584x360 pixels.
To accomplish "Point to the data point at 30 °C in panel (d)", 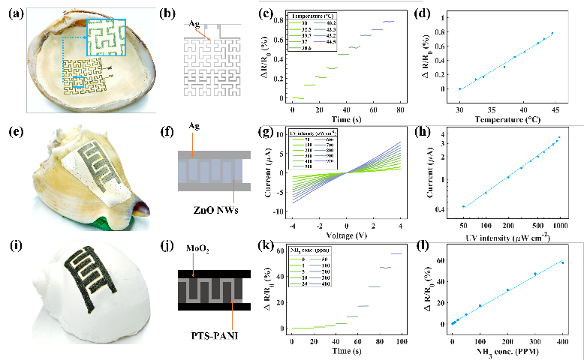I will coord(459,88).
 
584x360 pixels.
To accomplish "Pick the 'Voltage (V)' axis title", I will coord(346,234).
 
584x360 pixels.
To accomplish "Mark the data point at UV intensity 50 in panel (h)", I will coord(463,206).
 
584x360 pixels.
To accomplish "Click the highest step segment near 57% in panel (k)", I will coord(396,253).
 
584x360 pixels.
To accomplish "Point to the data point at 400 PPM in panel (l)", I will coord(563,262).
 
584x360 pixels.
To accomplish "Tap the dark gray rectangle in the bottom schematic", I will coord(209,290).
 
